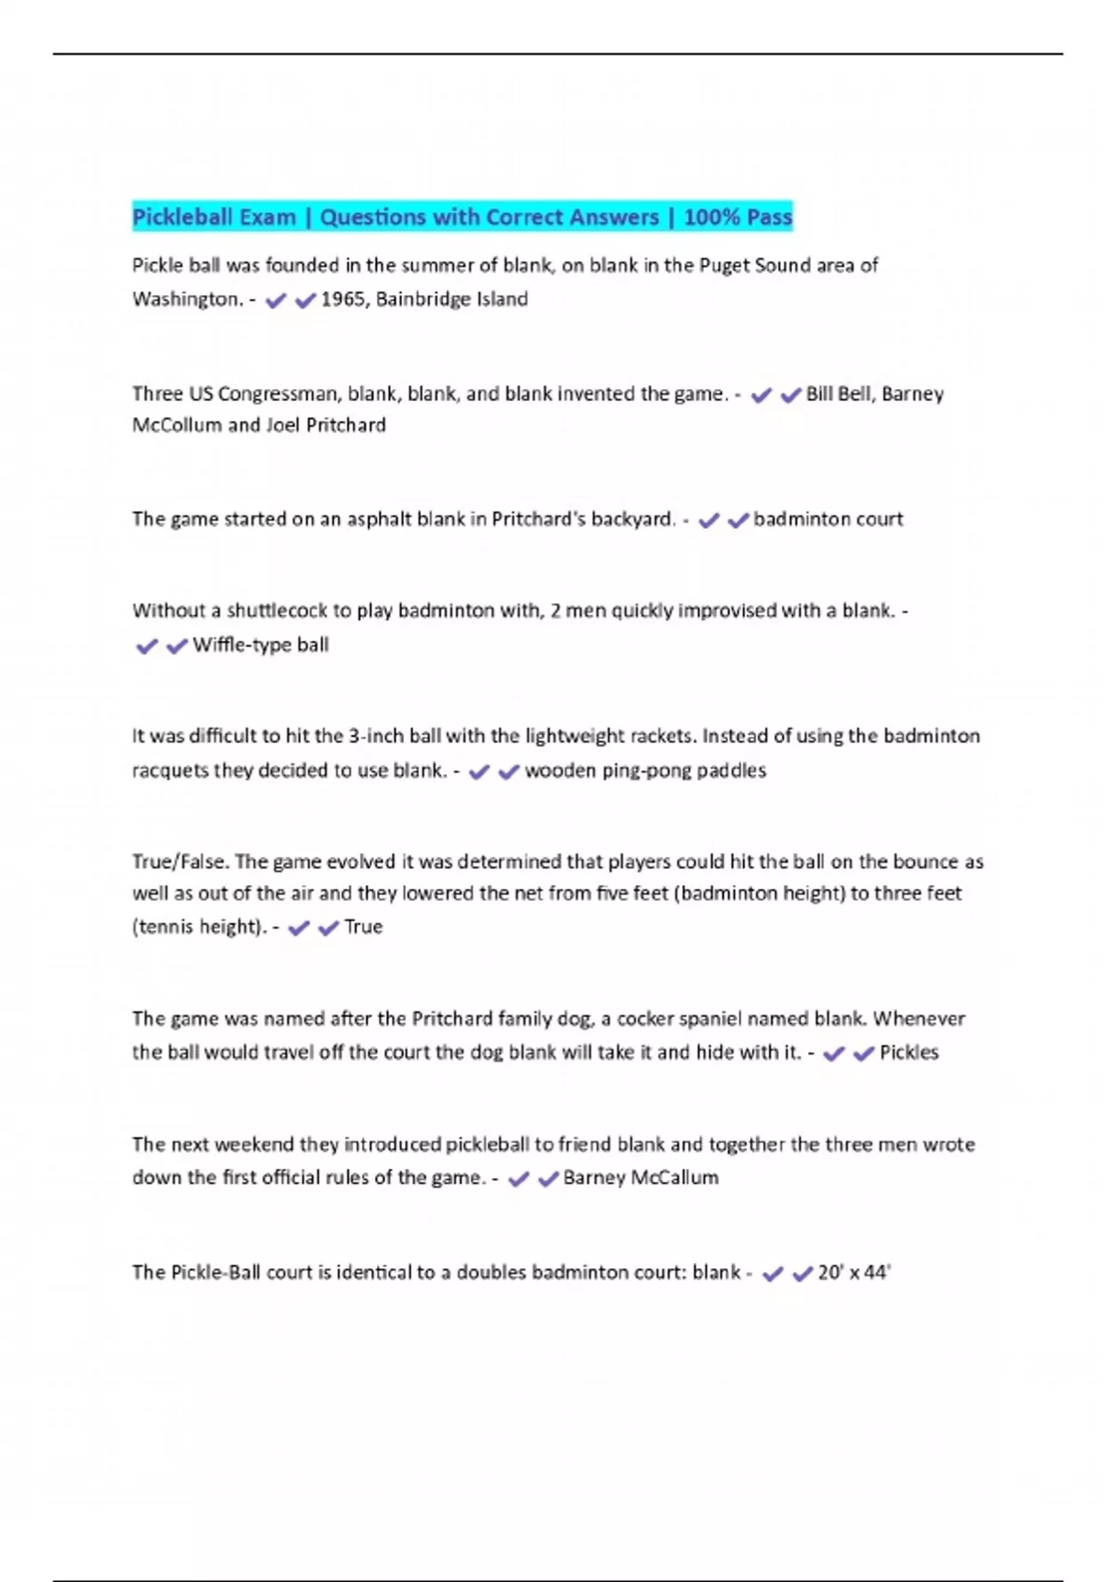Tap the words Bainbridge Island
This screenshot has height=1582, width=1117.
(451, 300)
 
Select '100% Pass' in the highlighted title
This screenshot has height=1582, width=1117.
(737, 218)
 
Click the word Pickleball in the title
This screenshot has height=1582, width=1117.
(182, 218)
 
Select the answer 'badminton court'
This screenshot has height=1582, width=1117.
(828, 519)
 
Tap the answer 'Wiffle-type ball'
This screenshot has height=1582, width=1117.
(261, 645)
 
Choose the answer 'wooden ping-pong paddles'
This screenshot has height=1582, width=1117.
(645, 771)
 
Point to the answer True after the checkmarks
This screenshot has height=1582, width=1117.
(363, 927)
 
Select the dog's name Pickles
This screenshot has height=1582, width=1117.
(908, 1052)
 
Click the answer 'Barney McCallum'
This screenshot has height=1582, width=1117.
(640, 1178)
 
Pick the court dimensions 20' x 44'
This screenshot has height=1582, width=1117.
(854, 1272)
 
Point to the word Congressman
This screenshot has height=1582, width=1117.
(277, 394)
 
